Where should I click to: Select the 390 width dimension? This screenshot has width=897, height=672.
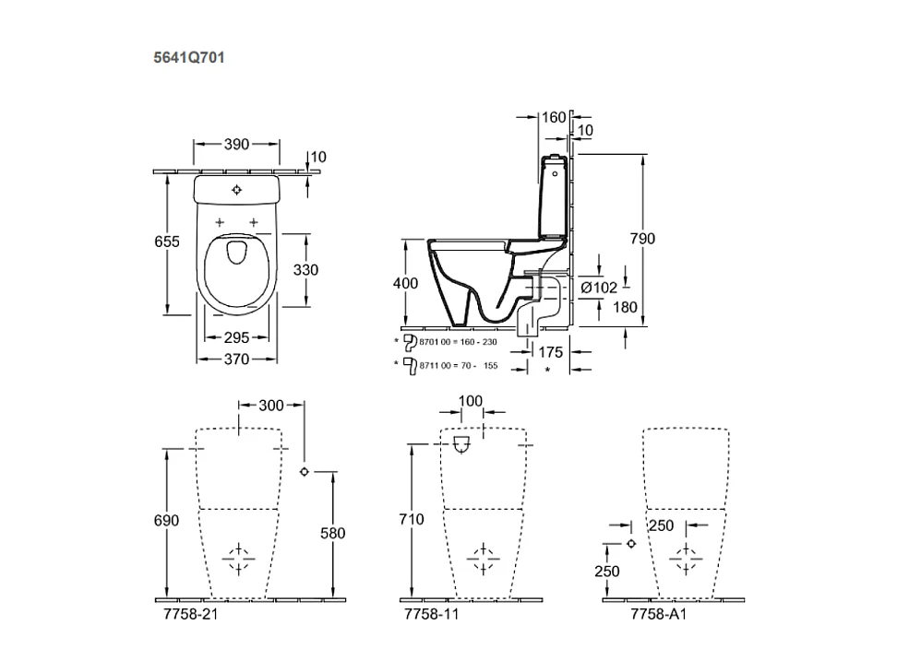[236, 145]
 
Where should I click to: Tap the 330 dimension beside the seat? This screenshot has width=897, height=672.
[305, 270]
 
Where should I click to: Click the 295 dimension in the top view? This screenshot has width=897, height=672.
[236, 338]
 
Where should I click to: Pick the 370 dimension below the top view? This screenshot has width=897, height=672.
[236, 360]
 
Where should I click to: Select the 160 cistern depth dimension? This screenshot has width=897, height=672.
[553, 118]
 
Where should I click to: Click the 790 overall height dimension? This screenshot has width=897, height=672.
[642, 240]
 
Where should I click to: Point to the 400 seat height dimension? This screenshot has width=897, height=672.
[405, 284]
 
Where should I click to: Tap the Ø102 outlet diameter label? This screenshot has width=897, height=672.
[599, 288]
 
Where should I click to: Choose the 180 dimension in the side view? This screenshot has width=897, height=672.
[625, 307]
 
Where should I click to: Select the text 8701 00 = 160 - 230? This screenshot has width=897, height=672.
[458, 342]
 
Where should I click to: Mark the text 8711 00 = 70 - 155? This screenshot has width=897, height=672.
[458, 365]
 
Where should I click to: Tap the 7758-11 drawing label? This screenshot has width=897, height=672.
[432, 614]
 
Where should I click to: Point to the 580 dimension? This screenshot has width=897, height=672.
[332, 533]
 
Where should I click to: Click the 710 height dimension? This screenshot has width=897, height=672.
[412, 520]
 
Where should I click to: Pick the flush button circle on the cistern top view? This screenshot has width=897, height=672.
[237, 190]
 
